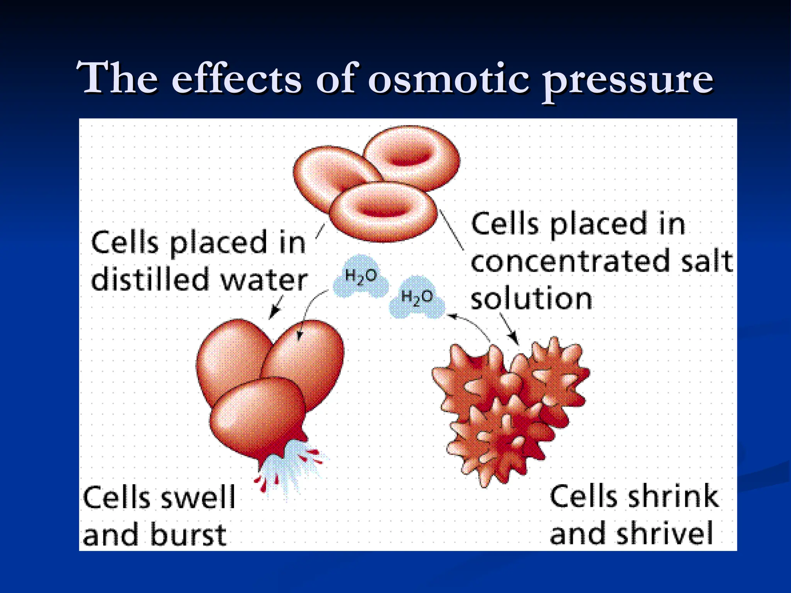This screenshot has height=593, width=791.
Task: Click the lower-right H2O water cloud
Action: click(x=417, y=298)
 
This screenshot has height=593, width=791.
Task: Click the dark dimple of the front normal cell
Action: click(x=384, y=208)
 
